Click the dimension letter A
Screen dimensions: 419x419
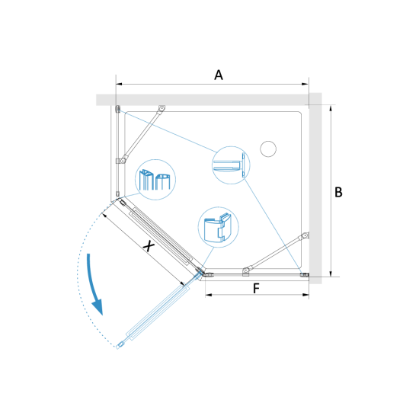click(219, 75)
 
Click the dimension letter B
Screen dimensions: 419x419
click(338, 192)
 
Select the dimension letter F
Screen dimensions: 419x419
click(256, 288)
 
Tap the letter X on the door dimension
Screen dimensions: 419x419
click(149, 245)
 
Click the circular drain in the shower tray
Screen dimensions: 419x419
click(268, 149)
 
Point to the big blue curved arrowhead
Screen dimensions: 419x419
click(98, 308)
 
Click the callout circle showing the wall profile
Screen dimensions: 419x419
click(231, 165)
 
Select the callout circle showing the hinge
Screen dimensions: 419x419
click(219, 227)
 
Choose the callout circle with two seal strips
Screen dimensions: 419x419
click(155, 180)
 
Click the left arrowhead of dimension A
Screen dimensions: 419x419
click(119, 84)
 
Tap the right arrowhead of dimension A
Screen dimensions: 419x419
click(305, 84)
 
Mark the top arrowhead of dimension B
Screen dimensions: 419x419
click(331, 108)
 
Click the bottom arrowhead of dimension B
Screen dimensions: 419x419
click(331, 273)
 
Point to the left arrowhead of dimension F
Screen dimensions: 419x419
click(209, 295)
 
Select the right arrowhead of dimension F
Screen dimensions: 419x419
click(305, 295)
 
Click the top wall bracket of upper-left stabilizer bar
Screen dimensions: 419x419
click(162, 108)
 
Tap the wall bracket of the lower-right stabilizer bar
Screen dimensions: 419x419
click(305, 235)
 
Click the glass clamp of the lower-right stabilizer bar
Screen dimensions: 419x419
click(246, 271)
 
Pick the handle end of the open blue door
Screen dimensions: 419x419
click(120, 346)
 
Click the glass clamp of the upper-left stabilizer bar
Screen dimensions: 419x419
click(122, 161)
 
